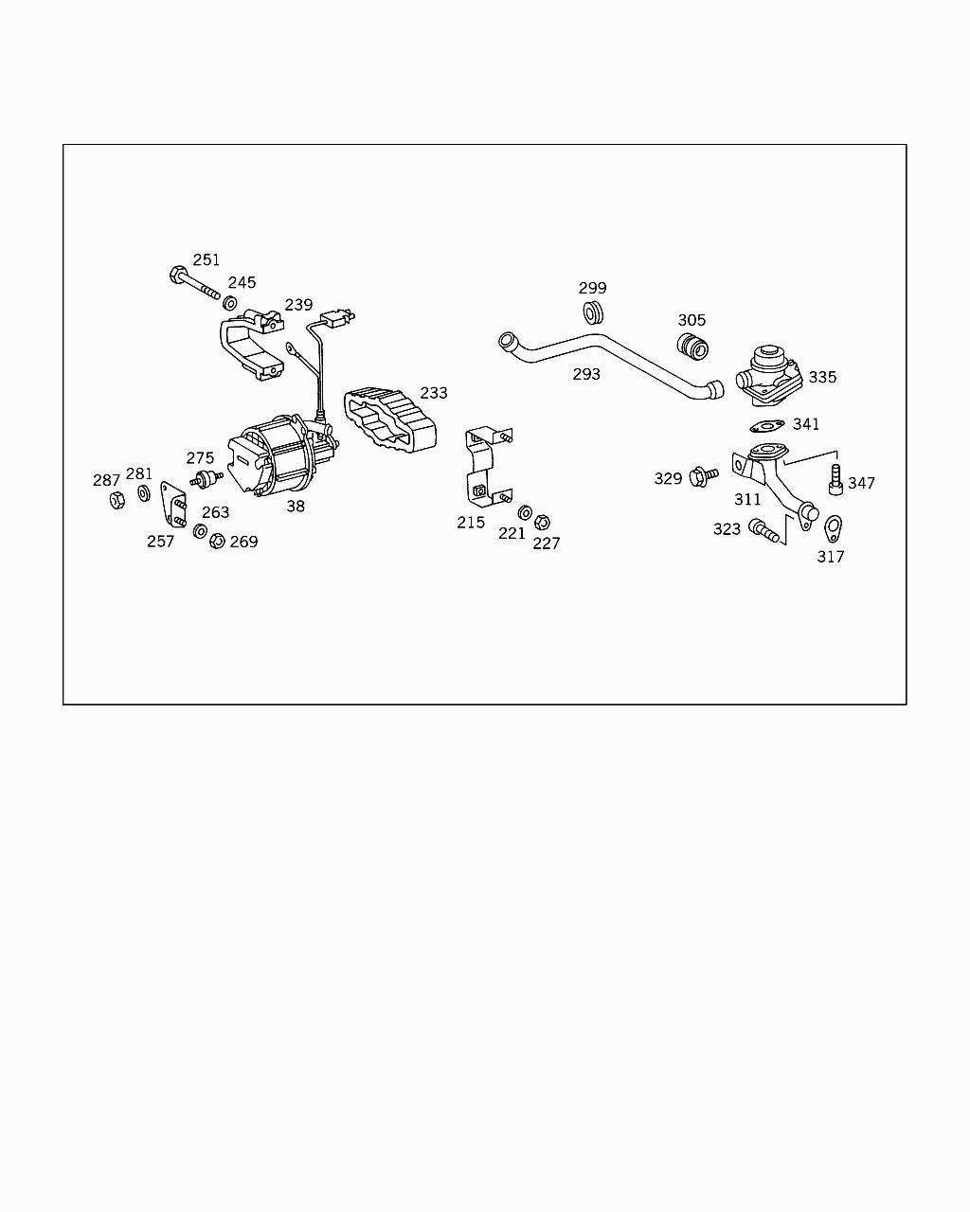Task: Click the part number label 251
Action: [206, 259]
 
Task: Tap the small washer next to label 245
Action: [229, 304]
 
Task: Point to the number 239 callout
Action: [298, 305]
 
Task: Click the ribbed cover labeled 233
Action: [390, 421]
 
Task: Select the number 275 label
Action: [200, 458]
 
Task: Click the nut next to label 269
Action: [216, 541]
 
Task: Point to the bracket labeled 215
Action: [483, 465]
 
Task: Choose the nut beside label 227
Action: [543, 522]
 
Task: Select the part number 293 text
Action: [586, 374]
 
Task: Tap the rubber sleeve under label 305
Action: [693, 347]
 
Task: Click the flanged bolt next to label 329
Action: [704, 474]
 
